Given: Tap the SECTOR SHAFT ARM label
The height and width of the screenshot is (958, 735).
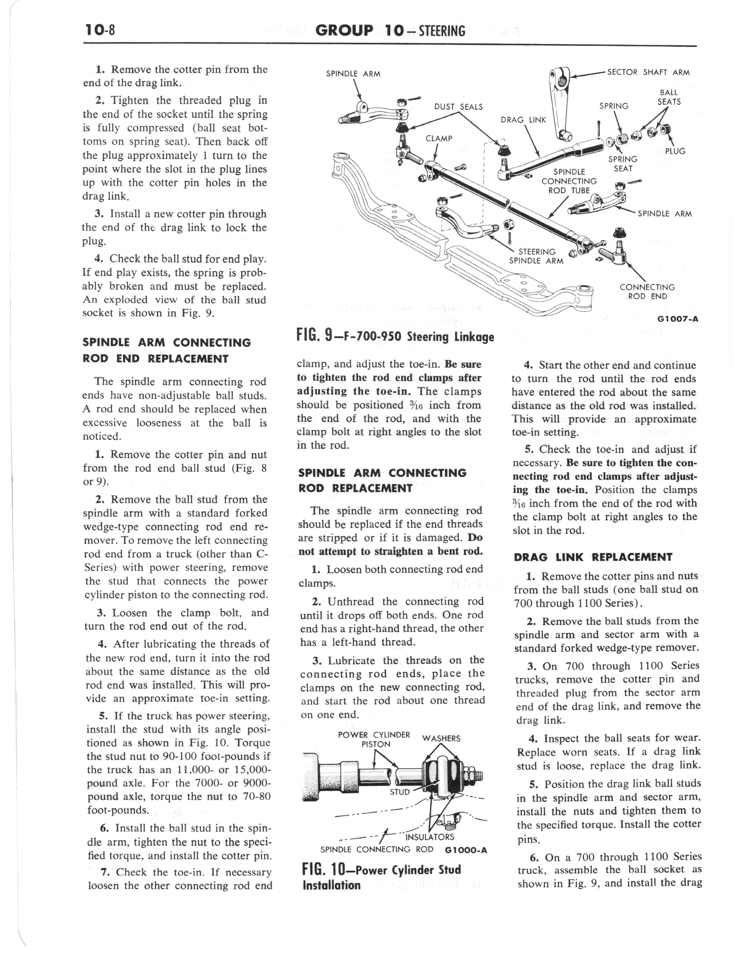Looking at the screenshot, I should [648, 72].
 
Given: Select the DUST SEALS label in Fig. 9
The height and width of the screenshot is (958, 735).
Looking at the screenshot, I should [458, 107].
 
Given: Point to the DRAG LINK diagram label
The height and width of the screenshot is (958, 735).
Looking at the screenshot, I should [523, 120].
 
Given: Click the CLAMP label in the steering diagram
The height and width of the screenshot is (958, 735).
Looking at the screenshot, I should [439, 138].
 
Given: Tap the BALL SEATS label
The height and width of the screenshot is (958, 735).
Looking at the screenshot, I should [669, 97].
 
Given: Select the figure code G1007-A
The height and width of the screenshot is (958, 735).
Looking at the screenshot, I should [677, 319].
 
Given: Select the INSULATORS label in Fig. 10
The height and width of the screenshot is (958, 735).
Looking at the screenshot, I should [430, 837].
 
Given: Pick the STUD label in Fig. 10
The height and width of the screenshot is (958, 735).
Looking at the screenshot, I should [400, 792].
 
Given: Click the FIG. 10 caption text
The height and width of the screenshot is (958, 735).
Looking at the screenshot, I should [381, 877].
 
